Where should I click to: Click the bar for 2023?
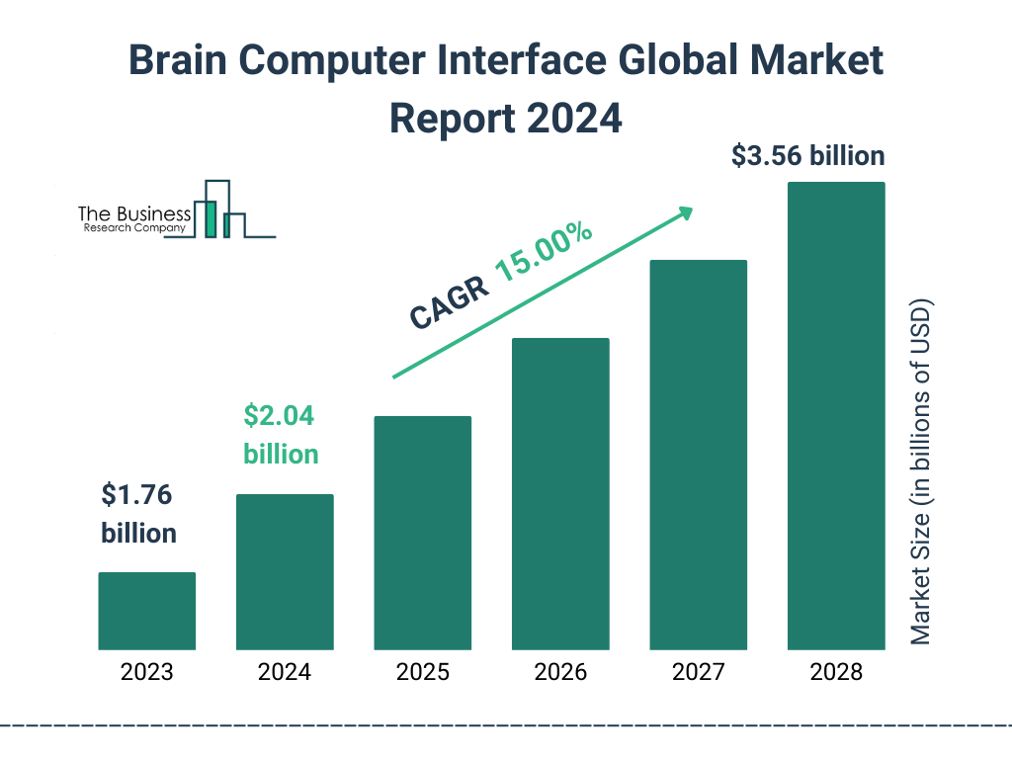(146, 611)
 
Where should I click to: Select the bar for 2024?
(285, 571)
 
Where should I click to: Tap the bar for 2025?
(422, 533)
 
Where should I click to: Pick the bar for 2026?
(560, 494)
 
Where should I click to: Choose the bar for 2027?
(698, 455)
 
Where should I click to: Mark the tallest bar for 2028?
(836, 416)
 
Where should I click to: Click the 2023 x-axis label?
(146, 673)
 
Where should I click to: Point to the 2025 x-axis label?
(422, 673)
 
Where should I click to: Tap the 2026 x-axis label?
(560, 673)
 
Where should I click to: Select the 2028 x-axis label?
(836, 673)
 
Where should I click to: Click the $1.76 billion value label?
(139, 514)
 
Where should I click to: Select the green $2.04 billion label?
(281, 435)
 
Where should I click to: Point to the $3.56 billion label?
(807, 156)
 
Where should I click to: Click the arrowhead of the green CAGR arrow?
(684, 212)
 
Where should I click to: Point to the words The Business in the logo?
(134, 213)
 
